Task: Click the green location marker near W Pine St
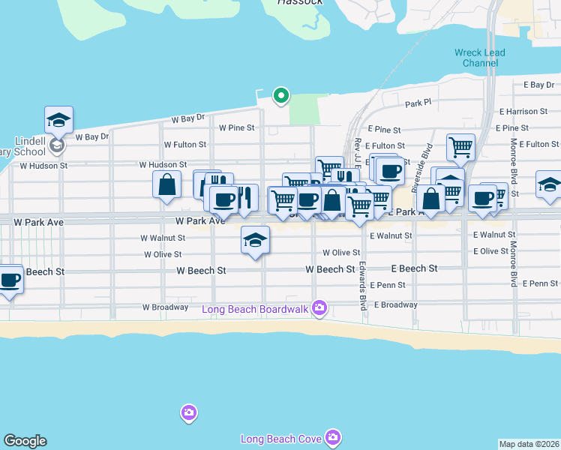click(281, 95)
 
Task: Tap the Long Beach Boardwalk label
click(256, 308)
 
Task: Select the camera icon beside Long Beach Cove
click(333, 436)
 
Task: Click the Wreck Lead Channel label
click(480, 58)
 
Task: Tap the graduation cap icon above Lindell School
click(58, 120)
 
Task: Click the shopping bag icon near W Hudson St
click(166, 184)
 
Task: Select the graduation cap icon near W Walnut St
click(255, 240)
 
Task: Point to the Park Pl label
click(418, 103)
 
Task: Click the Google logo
click(25, 441)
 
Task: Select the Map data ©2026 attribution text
click(529, 444)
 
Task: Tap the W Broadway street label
click(166, 307)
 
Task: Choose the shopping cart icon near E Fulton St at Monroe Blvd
click(460, 147)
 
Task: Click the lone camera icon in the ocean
click(188, 412)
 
